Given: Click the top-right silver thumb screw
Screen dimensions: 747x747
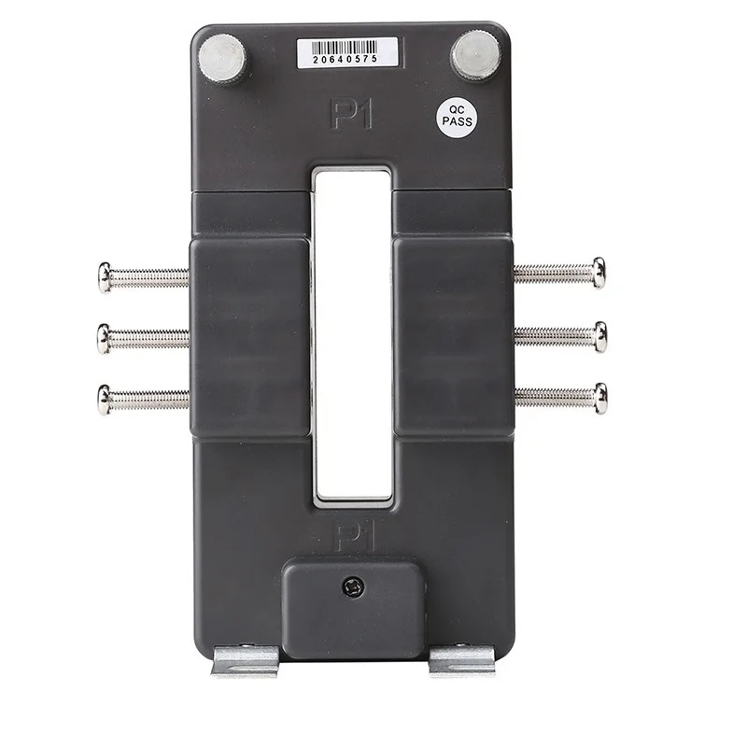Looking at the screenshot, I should tap(476, 56).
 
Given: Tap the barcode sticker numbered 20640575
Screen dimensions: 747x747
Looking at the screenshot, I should tap(338, 53).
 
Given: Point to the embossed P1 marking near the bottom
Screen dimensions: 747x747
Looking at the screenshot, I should tap(352, 536).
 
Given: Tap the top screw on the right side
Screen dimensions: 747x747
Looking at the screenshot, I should tap(559, 273).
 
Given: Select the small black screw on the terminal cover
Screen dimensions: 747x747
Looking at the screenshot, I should tap(354, 587).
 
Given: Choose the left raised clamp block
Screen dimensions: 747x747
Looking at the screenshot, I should tap(250, 337).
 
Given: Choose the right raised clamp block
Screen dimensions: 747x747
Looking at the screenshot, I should tap(453, 337).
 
